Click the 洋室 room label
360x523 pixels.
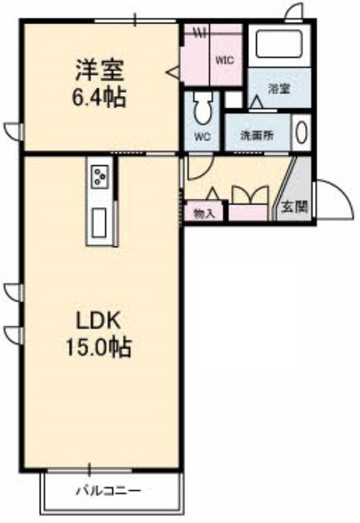[x=100, y=70]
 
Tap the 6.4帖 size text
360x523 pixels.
[x=99, y=97]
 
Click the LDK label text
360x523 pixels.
[x=99, y=321]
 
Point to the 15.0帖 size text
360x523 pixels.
[x=99, y=347]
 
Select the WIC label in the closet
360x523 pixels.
[x=224, y=60]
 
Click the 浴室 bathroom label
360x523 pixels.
[x=279, y=89]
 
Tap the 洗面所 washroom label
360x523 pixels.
[x=257, y=135]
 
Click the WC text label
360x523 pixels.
[x=203, y=137]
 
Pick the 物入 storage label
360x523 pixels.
[x=204, y=214]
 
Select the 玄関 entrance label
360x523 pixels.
[x=294, y=207]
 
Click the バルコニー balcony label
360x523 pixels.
[x=108, y=491]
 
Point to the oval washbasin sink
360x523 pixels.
[x=302, y=132]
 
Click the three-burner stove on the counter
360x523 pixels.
[x=99, y=176]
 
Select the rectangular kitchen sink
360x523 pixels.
[x=99, y=223]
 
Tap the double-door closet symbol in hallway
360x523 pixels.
[x=250, y=195]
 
